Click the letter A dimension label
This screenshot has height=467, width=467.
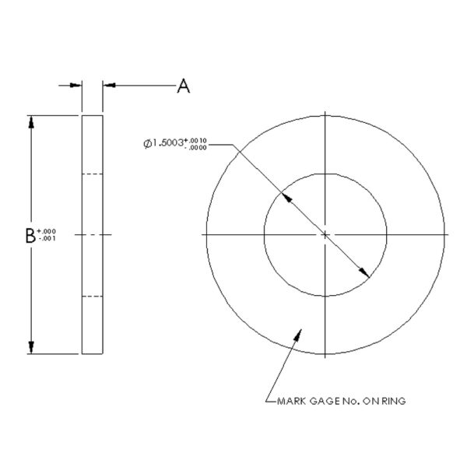[x=184, y=86]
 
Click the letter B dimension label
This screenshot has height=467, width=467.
[x=30, y=236]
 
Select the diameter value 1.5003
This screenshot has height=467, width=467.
[x=167, y=143]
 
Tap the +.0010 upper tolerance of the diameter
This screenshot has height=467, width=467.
[x=195, y=140]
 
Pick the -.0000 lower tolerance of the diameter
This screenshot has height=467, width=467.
[x=197, y=147]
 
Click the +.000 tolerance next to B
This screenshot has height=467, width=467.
[x=47, y=231]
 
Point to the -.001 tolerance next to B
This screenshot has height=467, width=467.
[x=47, y=238]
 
